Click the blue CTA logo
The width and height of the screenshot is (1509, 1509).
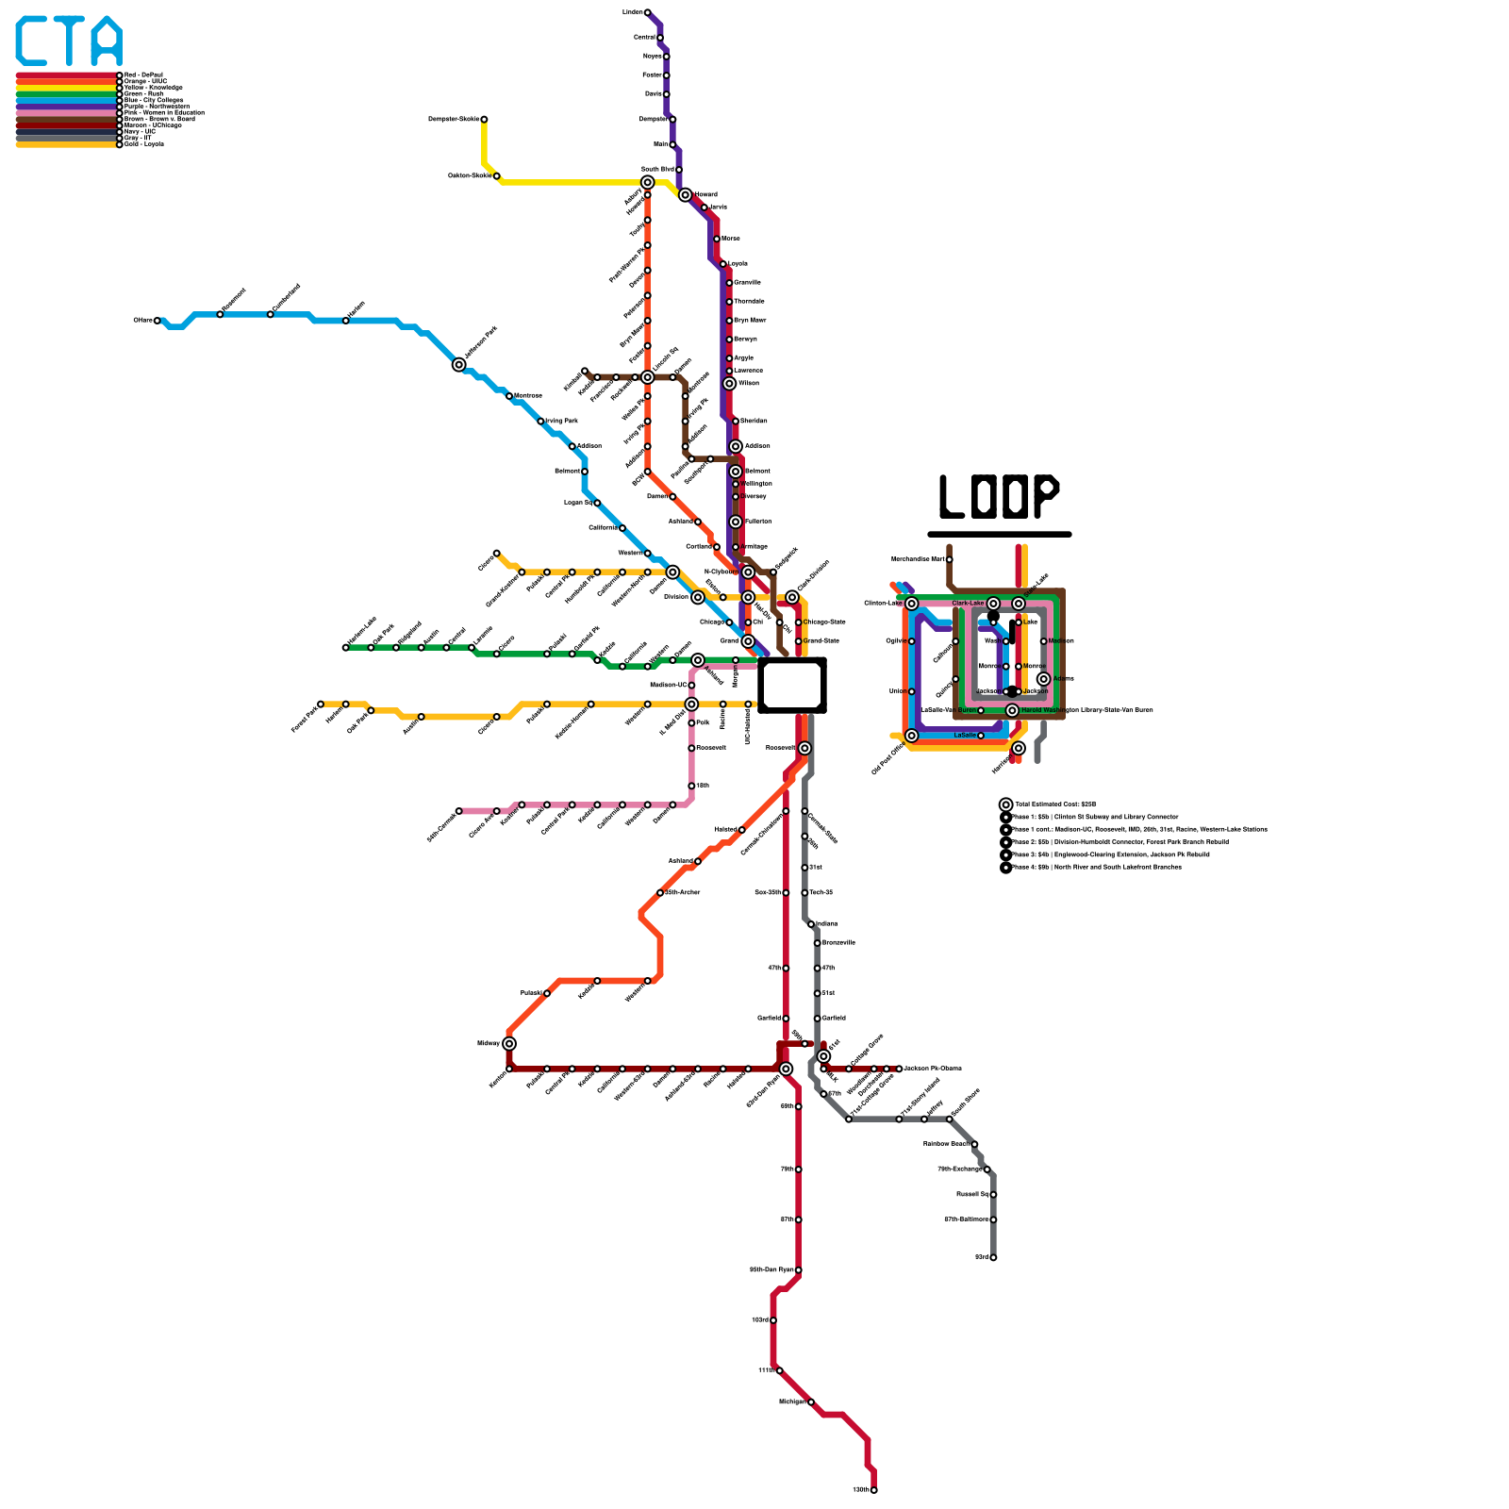pyautogui.click(x=69, y=41)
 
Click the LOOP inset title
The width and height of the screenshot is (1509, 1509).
pyautogui.click(x=999, y=496)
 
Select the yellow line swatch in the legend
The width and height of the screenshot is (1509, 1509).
pyautogui.click(x=66, y=88)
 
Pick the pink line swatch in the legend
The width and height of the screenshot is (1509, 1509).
pyautogui.click(x=66, y=112)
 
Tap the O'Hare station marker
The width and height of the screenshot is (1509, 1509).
pyautogui.click(x=158, y=321)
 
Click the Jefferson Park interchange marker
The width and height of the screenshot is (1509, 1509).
pyautogui.click(x=459, y=364)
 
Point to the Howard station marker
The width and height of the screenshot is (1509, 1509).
pyautogui.click(x=686, y=195)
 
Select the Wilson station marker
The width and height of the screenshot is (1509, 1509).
pyautogui.click(x=729, y=383)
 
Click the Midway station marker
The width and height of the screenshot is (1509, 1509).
pyautogui.click(x=509, y=1043)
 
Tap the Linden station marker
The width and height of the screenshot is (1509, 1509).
pyautogui.click(x=647, y=12)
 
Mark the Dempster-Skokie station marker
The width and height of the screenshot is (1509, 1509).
pyautogui.click(x=484, y=119)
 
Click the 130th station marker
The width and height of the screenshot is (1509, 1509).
pyautogui.click(x=874, y=1490)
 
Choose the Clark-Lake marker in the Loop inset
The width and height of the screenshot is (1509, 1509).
pyautogui.click(x=993, y=604)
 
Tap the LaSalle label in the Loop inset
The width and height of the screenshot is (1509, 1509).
pyautogui.click(x=965, y=736)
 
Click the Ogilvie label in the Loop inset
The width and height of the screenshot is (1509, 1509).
pyautogui.click(x=896, y=641)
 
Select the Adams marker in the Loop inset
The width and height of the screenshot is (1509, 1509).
pyautogui.click(x=1043, y=679)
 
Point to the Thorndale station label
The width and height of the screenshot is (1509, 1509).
pyautogui.click(x=749, y=302)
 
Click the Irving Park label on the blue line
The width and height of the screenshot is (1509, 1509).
pyautogui.click(x=562, y=421)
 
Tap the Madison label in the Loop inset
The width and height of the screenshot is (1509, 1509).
pyautogui.click(x=1061, y=641)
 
